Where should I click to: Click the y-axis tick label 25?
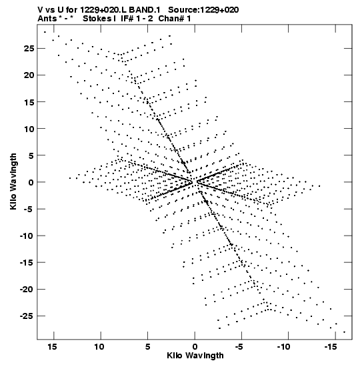[29, 49]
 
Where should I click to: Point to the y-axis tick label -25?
[27, 316]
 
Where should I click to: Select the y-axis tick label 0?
[31, 182]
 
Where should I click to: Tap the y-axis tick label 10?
[29, 129]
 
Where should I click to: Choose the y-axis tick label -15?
[27, 262]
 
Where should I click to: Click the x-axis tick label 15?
[52, 347]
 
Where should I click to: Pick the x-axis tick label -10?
[284, 347]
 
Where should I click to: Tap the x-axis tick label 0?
[195, 347]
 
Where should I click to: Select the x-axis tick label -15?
[331, 347]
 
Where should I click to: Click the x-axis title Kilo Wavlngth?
[195, 356]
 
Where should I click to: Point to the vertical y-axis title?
[13, 181]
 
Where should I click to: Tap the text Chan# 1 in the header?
[175, 19]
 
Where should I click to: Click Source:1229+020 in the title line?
[203, 10]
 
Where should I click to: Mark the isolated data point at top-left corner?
[45, 32]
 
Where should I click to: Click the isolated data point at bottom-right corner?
[344, 332]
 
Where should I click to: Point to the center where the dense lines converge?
[195, 181]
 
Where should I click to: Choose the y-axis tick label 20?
[29, 75]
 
